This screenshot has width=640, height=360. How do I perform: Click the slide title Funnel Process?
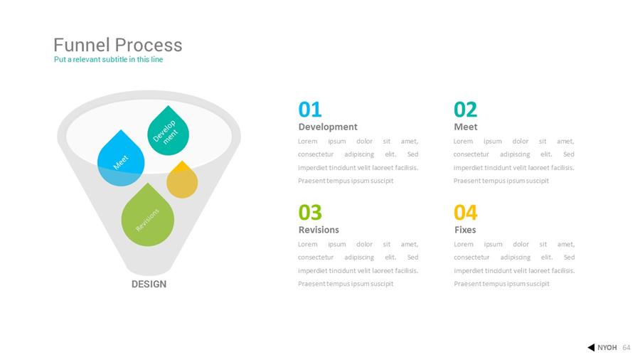(x=117, y=45)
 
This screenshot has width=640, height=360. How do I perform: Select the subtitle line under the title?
(x=108, y=60)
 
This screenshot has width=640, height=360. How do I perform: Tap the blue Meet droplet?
(x=121, y=159)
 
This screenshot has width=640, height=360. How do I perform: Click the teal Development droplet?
(x=168, y=132)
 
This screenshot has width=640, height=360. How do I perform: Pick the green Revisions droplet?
(x=148, y=216)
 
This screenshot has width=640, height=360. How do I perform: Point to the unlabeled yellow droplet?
(x=182, y=181)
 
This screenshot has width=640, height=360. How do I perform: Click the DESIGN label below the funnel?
(x=149, y=284)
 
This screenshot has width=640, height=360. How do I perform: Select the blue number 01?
(x=310, y=110)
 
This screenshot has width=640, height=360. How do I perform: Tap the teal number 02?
(x=465, y=110)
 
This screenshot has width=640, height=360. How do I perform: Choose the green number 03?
(x=310, y=212)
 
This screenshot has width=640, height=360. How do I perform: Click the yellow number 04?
(x=465, y=212)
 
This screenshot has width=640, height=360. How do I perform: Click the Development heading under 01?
(x=328, y=127)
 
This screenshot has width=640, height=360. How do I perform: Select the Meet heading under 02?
(x=465, y=127)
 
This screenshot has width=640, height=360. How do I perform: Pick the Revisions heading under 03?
(x=319, y=230)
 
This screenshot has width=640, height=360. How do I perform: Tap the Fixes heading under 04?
(x=465, y=230)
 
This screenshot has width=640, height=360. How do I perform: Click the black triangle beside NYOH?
(x=592, y=347)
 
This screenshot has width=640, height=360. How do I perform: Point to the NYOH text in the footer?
(x=607, y=348)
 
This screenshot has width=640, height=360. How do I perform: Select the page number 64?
(x=626, y=348)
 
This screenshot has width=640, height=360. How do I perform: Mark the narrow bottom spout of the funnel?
(x=149, y=268)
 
